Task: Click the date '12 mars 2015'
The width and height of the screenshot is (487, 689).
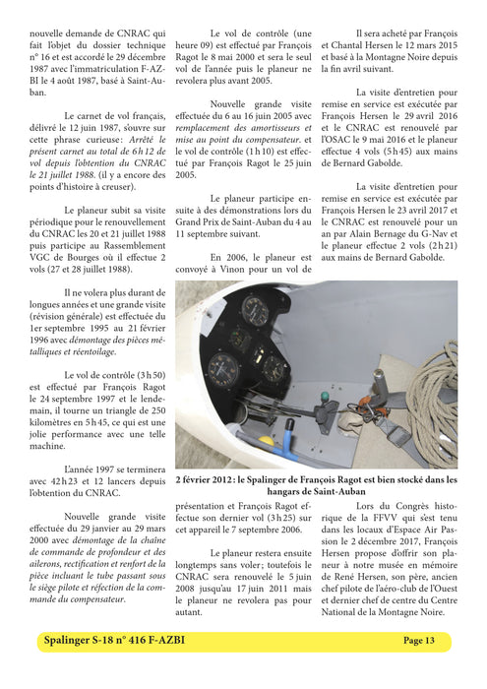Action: click(x=425, y=44)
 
